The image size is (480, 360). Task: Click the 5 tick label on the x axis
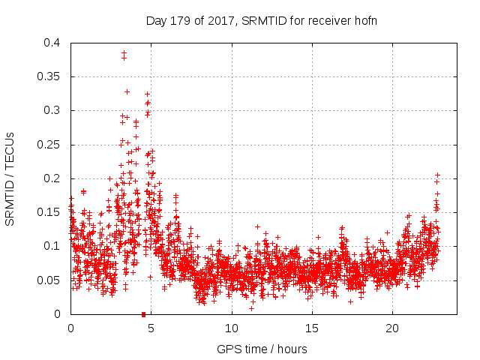click(151, 328)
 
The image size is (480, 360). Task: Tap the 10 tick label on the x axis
click(231, 328)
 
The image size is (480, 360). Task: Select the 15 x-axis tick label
click(311, 328)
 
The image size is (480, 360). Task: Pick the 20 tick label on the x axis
click(391, 328)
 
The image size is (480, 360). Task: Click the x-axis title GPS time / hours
click(262, 349)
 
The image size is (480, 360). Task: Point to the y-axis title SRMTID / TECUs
click(10, 178)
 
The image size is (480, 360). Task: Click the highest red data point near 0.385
click(124, 53)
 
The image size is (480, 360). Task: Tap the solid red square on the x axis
click(143, 314)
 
